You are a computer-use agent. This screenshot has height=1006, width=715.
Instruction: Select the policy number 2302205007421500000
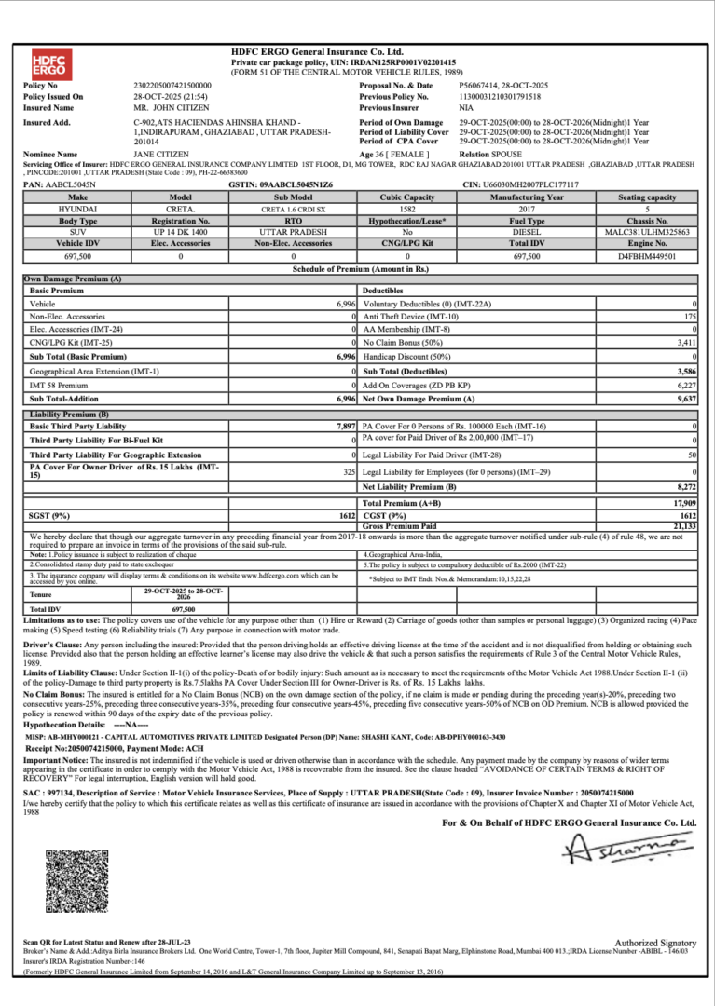click(172, 85)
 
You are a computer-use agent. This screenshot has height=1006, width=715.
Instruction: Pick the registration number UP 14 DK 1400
click(180, 232)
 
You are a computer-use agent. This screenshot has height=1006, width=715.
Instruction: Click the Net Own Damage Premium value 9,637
click(686, 399)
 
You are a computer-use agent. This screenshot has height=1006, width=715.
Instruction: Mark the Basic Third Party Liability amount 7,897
click(346, 426)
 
